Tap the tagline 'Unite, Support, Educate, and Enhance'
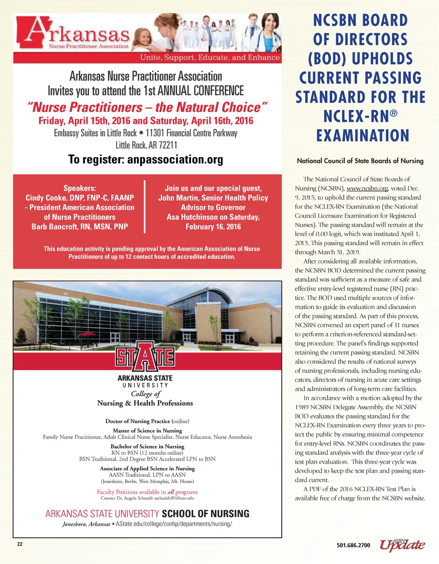point(210,58)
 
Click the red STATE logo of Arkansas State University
point(145,356)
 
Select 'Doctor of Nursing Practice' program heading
point(138,421)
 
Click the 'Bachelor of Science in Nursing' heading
point(147,446)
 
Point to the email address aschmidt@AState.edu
point(174,498)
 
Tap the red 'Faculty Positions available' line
point(147,492)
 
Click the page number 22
point(19,544)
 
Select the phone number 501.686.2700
point(353,546)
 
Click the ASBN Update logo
point(402,544)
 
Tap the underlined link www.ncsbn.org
point(367,188)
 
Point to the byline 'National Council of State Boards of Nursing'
point(360,161)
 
